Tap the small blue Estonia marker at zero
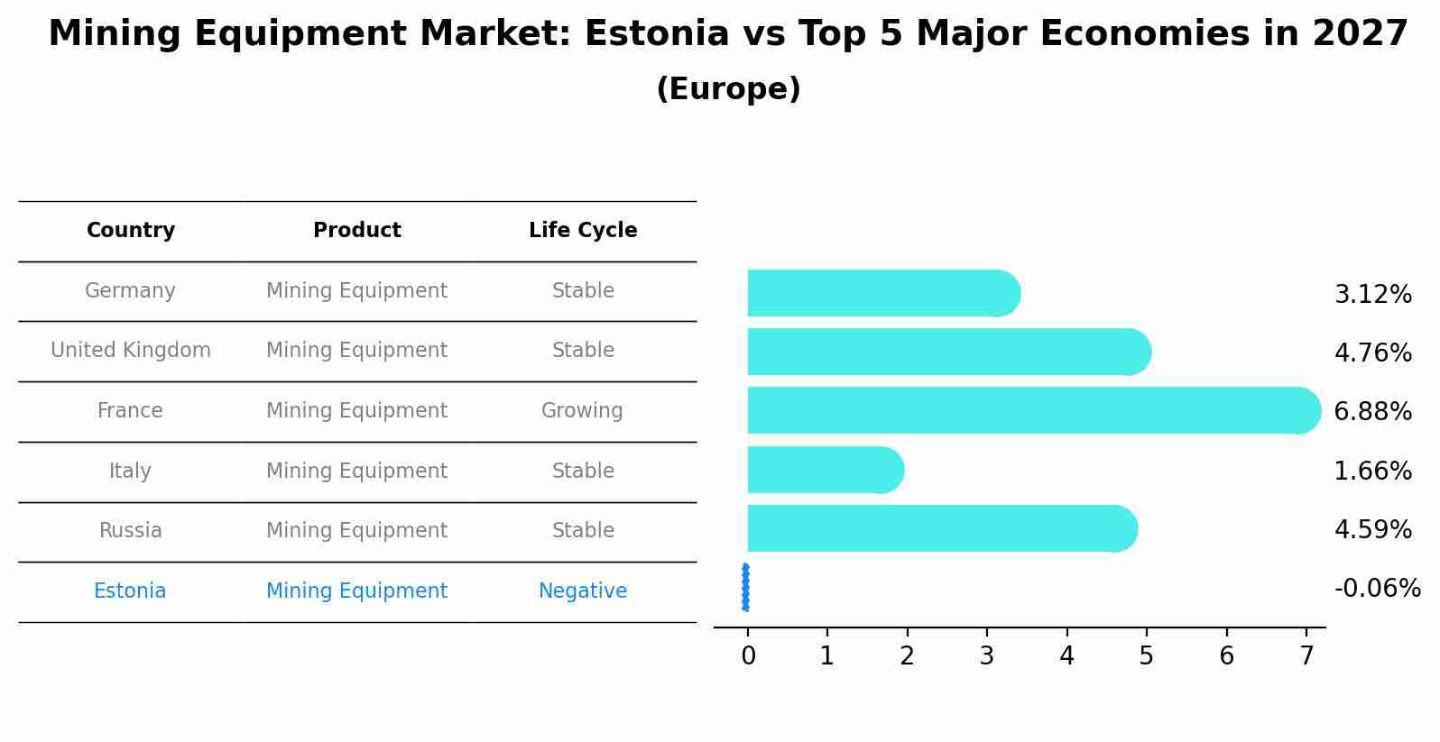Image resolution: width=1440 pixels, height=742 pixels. pos(745,588)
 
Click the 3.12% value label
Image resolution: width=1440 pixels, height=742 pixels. pos(1372,295)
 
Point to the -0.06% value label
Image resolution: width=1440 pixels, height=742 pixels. pos(1377,589)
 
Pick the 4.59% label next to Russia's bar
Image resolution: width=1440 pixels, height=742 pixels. pos(1372,529)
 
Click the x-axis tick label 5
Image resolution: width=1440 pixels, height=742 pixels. pos(1146,656)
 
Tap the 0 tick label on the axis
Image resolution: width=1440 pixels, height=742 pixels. pos(748,656)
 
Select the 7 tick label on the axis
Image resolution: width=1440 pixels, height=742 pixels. pos(1306,656)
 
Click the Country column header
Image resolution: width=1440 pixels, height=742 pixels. pos(131,231)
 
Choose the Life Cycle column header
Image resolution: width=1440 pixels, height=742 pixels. pos(583,231)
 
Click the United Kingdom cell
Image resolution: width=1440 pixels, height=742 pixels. pos(131,351)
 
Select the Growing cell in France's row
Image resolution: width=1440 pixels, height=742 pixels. pos(582,411)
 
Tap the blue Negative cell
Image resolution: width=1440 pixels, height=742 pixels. pos(583,591)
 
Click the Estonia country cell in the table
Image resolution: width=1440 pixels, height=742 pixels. pos(130,591)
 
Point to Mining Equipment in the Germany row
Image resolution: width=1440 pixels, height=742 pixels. pos(356,291)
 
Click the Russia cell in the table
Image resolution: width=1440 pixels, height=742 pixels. pos(131,531)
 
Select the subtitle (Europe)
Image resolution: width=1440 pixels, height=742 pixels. pos(728,89)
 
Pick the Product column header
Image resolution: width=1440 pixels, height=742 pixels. pos(356,231)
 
